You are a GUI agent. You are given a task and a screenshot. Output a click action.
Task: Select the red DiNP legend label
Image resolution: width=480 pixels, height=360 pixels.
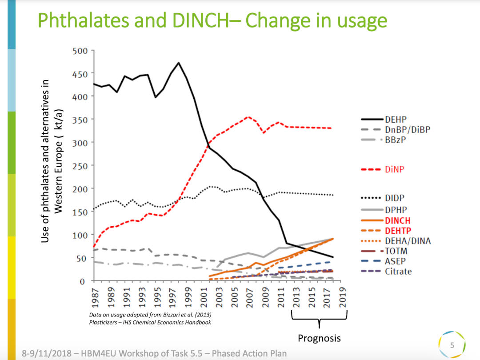(395, 169)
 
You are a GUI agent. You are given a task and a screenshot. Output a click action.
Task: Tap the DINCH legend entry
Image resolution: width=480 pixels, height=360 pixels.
(397, 220)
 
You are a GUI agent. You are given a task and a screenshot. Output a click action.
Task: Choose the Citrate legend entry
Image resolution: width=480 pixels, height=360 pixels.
(398, 271)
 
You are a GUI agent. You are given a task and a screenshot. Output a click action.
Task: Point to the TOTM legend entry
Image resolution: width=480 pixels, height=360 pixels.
(396, 251)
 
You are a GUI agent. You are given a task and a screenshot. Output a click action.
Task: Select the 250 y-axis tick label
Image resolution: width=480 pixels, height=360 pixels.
(80, 165)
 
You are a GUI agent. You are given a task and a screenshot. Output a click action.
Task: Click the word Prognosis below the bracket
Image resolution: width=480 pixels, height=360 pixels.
(319, 338)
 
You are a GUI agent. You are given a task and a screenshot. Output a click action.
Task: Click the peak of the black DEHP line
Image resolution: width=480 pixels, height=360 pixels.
(179, 63)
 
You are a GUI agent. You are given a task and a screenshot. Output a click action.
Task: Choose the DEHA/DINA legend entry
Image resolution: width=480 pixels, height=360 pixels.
(407, 241)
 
